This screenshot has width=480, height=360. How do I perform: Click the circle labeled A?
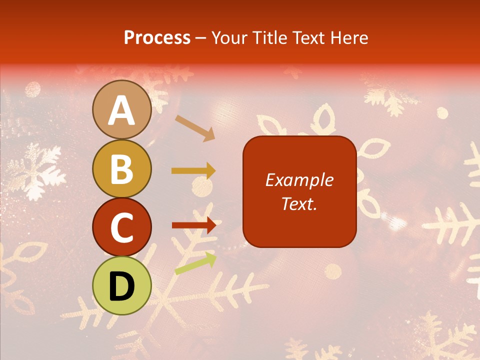[x=122, y=109]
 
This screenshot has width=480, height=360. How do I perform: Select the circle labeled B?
[x=122, y=168]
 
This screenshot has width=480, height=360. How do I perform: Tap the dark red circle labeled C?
[x=122, y=227]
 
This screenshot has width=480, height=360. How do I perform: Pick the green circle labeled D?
[x=122, y=285]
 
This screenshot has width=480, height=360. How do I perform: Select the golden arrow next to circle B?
[x=193, y=171]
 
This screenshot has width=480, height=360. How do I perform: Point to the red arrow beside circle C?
[x=193, y=225]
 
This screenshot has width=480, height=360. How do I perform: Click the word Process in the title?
[x=157, y=38]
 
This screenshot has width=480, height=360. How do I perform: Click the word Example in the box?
[x=299, y=180]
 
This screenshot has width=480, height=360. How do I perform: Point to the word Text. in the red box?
[x=299, y=203]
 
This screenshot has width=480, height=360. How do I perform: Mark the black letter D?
[x=122, y=286]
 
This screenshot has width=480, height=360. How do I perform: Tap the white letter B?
[x=122, y=169]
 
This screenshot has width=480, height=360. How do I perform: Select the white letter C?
[x=122, y=227]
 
